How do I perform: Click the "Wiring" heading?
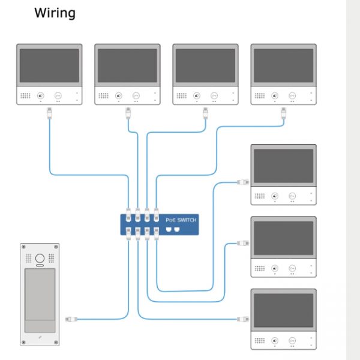click(55, 12)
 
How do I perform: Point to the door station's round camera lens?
click(40, 259)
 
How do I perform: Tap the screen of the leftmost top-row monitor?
click(49, 65)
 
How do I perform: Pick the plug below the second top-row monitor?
click(127, 112)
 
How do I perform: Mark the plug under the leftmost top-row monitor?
click(49, 113)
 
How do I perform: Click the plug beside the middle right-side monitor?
click(243, 243)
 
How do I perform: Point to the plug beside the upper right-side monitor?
click(243, 181)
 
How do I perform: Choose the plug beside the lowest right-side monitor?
click(243, 319)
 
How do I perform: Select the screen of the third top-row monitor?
click(205, 65)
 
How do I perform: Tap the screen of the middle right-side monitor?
click(283, 238)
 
